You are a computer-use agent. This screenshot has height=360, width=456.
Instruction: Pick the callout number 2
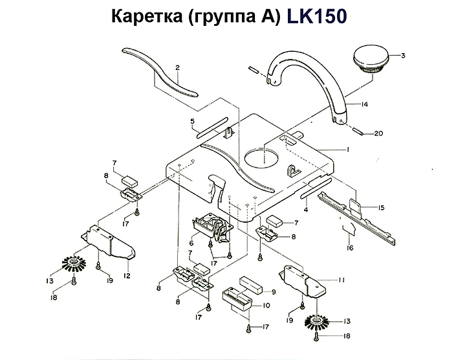point(177,67)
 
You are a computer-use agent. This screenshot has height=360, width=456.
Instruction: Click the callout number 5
point(192,120)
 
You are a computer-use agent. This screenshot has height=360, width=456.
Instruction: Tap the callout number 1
point(347,150)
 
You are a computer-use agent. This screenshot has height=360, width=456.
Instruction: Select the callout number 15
point(382,208)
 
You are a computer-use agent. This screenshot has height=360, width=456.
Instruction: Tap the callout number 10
point(266,305)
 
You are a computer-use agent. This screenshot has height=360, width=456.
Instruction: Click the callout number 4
point(305,208)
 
